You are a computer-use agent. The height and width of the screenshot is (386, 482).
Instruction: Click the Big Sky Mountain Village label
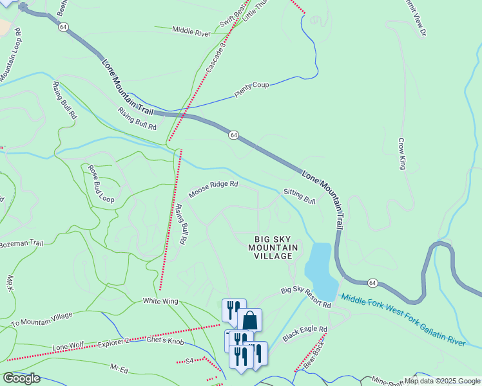point(273,247)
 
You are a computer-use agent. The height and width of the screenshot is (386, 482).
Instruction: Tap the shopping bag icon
point(249,320)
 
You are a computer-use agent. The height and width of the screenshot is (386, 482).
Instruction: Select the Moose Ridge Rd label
point(213,188)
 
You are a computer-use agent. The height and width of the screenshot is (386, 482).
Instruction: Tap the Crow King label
point(401,154)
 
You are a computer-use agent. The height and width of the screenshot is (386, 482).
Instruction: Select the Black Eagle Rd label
point(305,333)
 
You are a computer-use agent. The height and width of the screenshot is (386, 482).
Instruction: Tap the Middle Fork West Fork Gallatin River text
point(403,320)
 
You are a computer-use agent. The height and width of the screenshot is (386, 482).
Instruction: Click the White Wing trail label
point(160,301)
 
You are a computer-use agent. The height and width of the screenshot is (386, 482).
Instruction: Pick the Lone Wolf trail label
point(68,346)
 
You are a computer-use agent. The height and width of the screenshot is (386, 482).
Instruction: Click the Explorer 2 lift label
point(114,342)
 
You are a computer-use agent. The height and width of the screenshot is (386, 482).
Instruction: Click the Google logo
point(21,378)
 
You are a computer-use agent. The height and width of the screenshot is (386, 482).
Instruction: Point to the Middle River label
point(191,31)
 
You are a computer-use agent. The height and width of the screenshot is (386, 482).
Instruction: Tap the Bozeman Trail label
point(21,244)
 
